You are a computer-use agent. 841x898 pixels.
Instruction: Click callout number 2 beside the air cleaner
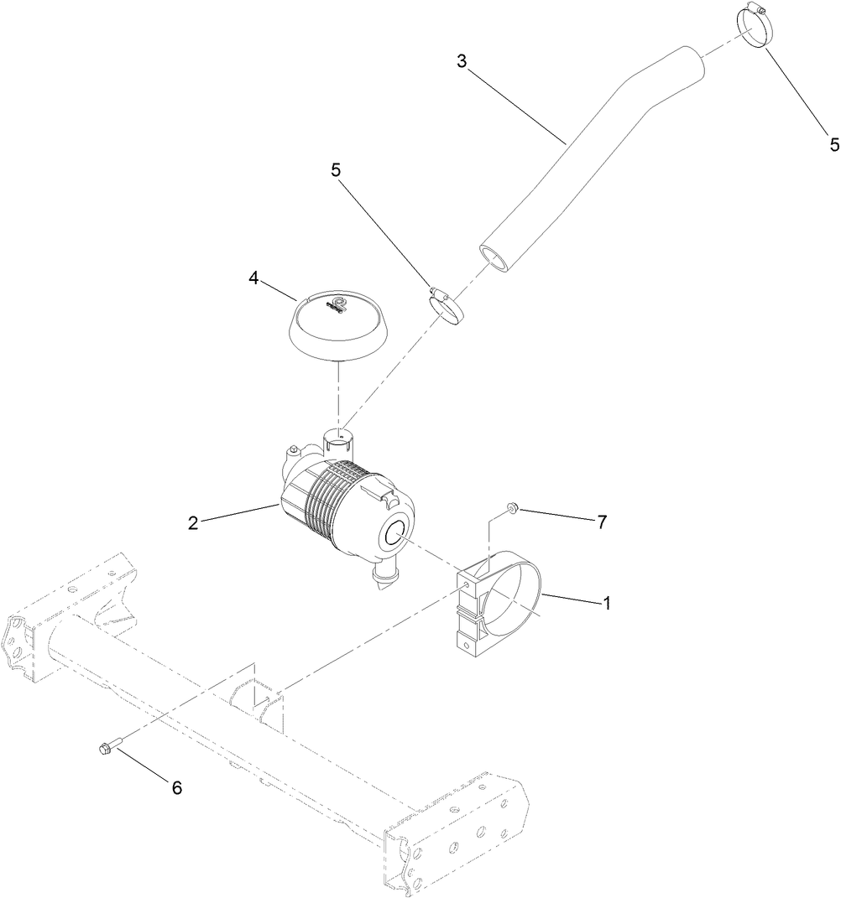(x=193, y=522)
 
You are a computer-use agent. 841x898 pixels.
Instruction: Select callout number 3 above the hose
(x=462, y=61)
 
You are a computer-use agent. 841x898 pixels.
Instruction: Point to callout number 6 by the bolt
(x=176, y=787)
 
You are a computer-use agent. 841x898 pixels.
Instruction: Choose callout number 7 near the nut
(x=601, y=521)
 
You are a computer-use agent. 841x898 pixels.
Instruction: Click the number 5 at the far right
(x=833, y=144)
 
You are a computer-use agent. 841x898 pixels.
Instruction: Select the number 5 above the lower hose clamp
(x=337, y=169)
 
